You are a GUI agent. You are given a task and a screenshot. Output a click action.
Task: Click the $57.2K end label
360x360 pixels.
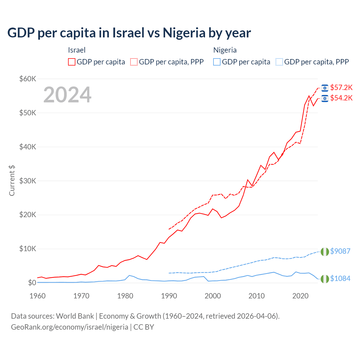pos(341,87)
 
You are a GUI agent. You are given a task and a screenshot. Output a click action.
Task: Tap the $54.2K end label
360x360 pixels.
pos(341,98)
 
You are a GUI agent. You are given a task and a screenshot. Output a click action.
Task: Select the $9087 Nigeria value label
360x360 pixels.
pos(340,251)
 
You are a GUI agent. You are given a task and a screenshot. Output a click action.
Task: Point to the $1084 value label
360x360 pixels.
pos(340,278)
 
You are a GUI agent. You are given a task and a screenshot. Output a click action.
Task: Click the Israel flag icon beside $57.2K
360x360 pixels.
pos(325,88)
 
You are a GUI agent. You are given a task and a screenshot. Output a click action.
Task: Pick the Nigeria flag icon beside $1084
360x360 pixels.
pos(325,279)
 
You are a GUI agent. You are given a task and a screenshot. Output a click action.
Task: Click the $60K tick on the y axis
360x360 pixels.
pos(28,79)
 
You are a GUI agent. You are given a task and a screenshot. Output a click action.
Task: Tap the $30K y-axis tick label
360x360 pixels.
pos(28,181)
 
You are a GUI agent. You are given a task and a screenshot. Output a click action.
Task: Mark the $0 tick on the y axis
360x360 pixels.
pos(32,283)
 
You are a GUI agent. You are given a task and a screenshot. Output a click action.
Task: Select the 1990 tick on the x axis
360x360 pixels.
pos(169,296)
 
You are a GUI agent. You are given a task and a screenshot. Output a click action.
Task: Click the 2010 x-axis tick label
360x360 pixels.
pos(256,296)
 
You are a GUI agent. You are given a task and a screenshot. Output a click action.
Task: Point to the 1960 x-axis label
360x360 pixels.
pos(38,296)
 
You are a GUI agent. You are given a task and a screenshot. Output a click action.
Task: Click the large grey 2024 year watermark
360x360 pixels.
pos(67,95)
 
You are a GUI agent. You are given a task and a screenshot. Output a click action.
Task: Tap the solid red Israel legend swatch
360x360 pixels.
pos(72,62)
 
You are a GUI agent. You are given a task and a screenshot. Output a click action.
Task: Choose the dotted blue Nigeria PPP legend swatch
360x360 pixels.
pos(279,62)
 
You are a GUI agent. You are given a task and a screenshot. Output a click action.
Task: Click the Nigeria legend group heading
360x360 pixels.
pos(225,50)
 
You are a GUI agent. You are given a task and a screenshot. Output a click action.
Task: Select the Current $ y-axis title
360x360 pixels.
pos(12,180)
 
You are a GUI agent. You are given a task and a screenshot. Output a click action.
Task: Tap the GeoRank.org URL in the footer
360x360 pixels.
pos(69,327)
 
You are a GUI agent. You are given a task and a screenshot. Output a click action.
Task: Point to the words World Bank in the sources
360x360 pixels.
pos(75,316)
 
